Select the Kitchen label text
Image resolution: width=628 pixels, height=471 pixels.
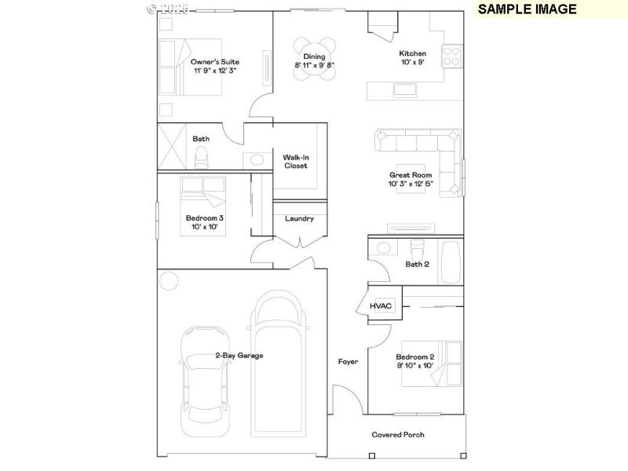[412, 53]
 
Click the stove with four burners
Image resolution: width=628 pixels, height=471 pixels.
[452, 56]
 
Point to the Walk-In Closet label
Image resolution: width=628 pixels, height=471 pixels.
[296, 162]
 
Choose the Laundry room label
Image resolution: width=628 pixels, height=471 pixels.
[299, 218]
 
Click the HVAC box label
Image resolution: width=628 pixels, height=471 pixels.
[381, 305]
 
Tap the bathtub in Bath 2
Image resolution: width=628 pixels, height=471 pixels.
[451, 261]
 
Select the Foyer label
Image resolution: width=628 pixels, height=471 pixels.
[348, 362]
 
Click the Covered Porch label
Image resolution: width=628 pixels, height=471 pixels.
[398, 434]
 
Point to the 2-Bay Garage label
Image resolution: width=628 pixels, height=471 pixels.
[239, 356]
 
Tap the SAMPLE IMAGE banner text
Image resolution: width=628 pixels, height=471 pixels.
[527, 9]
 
